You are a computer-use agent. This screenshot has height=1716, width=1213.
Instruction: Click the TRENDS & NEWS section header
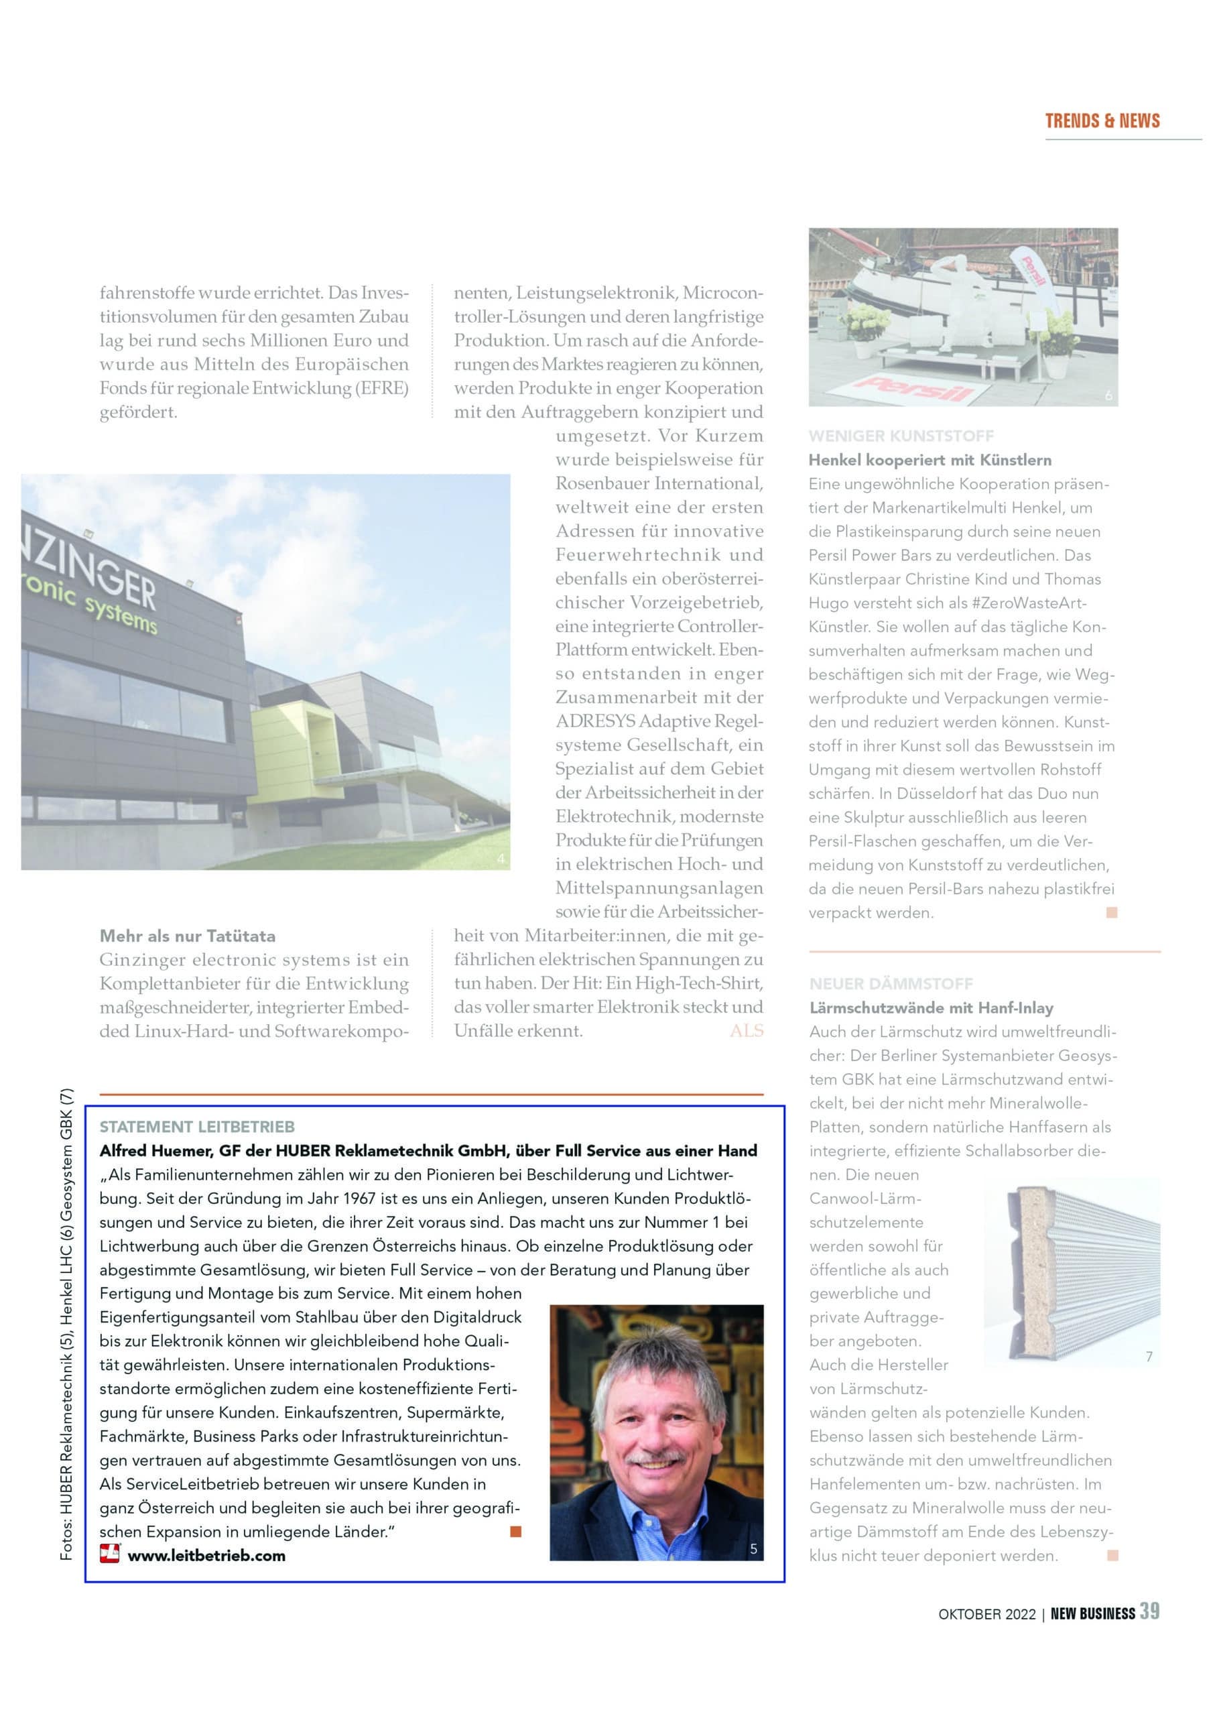[1102, 121]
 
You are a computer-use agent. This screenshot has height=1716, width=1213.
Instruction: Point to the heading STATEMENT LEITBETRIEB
[197, 1126]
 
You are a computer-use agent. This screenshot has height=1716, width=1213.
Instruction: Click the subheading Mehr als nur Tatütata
[188, 936]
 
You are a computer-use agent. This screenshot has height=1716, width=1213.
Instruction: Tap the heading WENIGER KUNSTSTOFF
[901, 436]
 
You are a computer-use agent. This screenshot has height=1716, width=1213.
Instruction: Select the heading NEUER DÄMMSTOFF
[891, 983]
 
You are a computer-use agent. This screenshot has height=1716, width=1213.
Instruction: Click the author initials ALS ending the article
[747, 1031]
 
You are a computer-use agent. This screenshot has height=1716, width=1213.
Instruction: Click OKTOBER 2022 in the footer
[986, 1613]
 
